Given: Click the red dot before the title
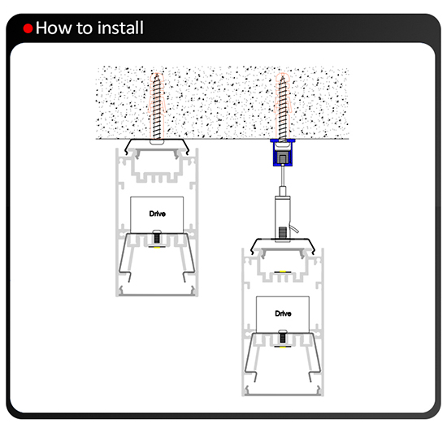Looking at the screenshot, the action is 28,28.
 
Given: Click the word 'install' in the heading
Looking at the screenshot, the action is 119,28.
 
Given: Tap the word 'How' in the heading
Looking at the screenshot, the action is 54,28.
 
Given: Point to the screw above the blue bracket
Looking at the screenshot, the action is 282,109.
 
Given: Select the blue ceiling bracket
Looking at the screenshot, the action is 282,153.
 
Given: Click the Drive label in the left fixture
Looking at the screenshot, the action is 157,214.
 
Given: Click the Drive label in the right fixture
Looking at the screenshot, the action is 283,313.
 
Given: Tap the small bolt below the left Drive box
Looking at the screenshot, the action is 157,237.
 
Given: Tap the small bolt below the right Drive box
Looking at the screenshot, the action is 283,336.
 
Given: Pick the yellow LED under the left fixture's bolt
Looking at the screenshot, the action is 157,247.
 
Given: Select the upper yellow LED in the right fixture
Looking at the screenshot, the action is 283,272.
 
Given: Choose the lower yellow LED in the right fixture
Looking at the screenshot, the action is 283,347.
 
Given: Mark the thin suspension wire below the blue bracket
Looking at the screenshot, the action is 283,175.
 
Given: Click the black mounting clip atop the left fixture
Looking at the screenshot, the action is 157,144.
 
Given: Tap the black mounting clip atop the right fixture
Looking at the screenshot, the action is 283,243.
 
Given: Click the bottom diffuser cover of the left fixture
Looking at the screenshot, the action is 157,295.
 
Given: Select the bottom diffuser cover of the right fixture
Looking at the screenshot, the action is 283,395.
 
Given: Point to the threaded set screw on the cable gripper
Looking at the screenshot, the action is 283,232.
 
